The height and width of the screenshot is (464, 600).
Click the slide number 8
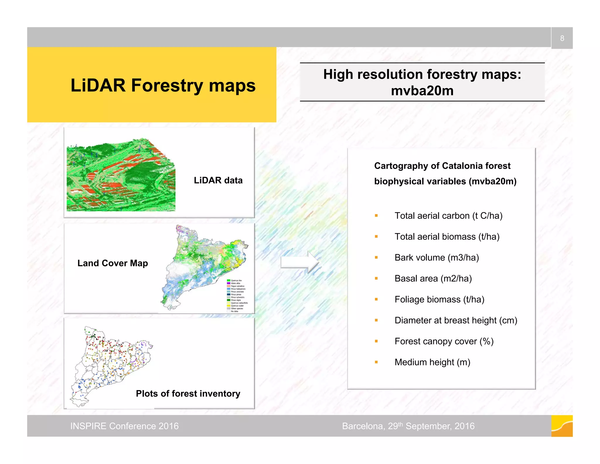tap(562, 38)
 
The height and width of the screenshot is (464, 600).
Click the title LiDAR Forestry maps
tap(163, 85)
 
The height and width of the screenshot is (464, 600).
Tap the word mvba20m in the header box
tap(422, 91)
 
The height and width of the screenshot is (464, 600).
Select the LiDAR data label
tap(218, 180)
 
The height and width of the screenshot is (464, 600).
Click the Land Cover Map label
tap(112, 263)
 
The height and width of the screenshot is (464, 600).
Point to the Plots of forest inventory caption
tap(188, 393)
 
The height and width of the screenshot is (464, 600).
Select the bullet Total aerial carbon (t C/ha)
tap(448, 216)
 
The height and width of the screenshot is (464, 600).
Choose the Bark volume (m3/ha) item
tap(437, 258)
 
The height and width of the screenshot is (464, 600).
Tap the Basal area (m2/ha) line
tap(433, 278)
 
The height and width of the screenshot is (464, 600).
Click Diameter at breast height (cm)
tap(456, 320)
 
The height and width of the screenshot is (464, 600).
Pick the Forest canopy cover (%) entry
tap(444, 341)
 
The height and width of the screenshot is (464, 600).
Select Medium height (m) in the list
tap(432, 362)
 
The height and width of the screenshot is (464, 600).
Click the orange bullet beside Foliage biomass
tap(376, 299)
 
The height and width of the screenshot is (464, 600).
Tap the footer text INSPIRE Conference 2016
tap(124, 426)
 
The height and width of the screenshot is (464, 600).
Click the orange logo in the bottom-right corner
tap(562, 426)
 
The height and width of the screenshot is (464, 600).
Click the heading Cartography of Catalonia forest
tap(442, 166)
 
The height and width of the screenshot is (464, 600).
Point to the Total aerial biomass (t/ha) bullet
tap(447, 236)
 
